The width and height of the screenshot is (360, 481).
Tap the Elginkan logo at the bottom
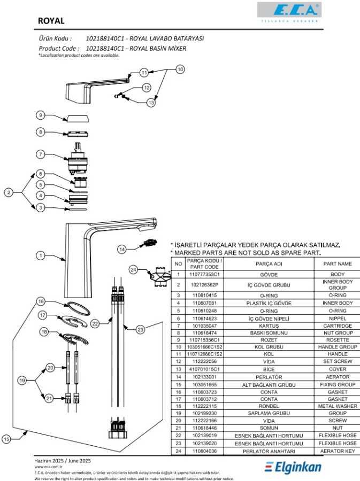294,468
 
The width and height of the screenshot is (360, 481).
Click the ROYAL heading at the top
51,21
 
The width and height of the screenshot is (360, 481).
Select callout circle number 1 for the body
40,255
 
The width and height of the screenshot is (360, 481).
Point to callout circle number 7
40,154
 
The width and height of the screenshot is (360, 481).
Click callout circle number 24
134,269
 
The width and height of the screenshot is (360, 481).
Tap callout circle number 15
6,439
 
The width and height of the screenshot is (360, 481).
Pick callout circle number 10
180,69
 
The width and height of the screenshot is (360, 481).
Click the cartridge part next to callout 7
78,158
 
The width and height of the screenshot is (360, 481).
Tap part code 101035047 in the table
204,325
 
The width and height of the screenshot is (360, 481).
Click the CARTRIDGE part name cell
338,325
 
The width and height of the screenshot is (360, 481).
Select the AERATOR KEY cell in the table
338,451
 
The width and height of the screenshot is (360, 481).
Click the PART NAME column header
338,263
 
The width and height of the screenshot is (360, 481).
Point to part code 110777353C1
204,274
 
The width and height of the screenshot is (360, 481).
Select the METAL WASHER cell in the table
338,406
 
